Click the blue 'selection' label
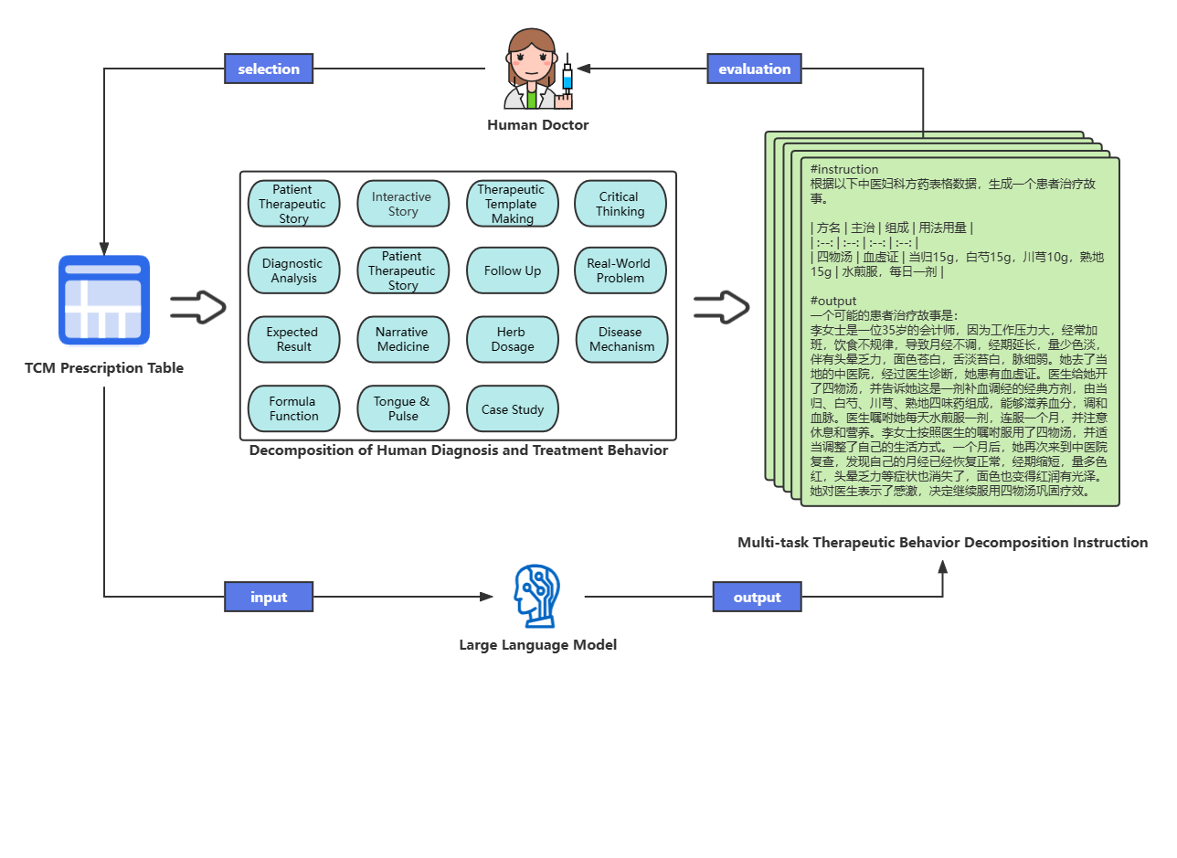[269, 69]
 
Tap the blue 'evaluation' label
[754, 69]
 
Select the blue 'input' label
[269, 597]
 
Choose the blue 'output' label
[757, 597]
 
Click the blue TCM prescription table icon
[104, 300]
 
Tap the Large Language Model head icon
[536, 596]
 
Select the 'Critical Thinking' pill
[620, 204]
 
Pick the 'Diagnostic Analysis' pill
[293, 270]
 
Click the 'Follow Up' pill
[513, 270]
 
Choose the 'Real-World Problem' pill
[620, 270]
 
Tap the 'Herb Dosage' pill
[513, 339]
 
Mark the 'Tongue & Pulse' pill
[403, 408]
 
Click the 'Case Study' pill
[513, 409]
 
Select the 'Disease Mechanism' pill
[621, 339]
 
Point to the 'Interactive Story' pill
[403, 204]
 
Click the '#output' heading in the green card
[832, 301]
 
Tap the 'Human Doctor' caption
[537, 125]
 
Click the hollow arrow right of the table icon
[197, 307]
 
